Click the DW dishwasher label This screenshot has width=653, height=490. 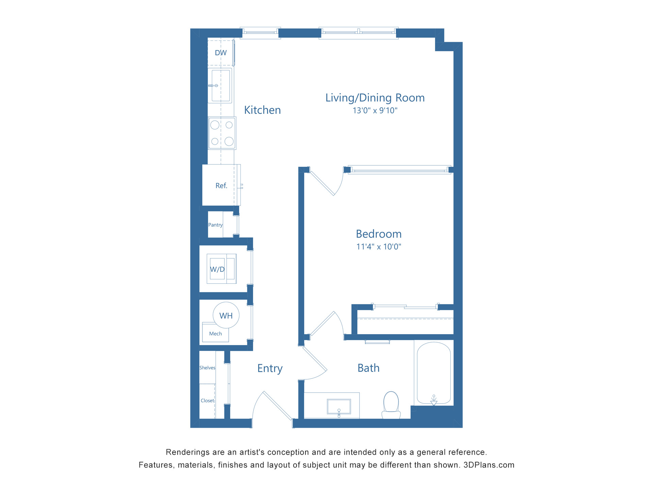point(221,53)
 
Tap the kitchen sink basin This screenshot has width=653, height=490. point(221,85)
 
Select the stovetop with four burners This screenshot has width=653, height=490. point(222,133)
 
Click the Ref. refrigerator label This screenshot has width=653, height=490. point(221,185)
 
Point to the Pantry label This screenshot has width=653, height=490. point(215,225)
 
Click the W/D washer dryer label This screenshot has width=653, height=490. point(217,269)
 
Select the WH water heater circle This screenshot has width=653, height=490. point(226,315)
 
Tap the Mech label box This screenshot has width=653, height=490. point(215,333)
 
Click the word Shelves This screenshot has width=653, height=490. point(207,367)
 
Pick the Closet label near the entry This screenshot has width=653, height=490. point(207,401)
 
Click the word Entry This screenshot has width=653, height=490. point(270,368)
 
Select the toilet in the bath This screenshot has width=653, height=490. point(391,405)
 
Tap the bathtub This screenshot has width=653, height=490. point(434,373)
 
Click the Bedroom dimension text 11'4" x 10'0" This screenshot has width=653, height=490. point(379,247)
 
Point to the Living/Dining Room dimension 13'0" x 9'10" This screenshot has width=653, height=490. point(375,111)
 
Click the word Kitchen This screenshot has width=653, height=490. point(262,110)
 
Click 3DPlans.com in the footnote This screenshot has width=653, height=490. point(489,465)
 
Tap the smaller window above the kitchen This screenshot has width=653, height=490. point(260,33)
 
